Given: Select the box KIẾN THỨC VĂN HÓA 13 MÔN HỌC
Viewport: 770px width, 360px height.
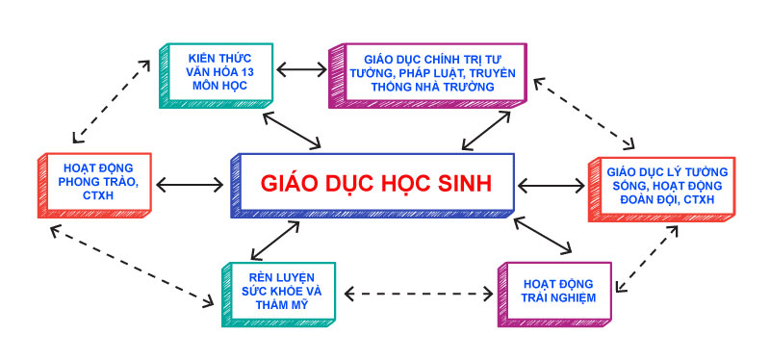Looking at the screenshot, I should pos(218,71).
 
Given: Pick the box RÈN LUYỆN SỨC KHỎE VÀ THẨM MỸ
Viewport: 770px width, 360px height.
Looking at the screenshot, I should pos(277,290).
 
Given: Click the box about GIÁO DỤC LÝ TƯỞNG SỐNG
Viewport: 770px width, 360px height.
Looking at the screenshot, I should pos(660,186).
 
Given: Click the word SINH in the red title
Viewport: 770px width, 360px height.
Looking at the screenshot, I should pos(457,183).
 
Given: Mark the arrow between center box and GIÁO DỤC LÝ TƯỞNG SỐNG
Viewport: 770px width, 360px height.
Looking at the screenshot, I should pos(551,183).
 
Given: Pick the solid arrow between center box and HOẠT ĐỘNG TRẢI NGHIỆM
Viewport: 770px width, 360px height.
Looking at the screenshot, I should pos(550,235).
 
